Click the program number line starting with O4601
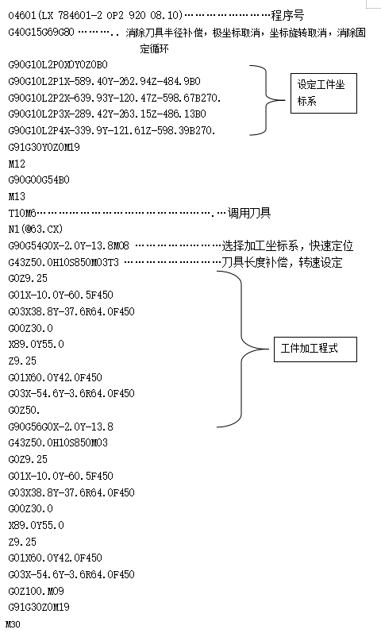click(95, 15)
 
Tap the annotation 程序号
click(287, 15)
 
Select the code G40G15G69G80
click(41, 32)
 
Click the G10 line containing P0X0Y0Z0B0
click(58, 64)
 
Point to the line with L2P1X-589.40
click(104, 81)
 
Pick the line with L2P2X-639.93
click(114, 98)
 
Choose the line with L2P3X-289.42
click(107, 114)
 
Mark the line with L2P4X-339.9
click(112, 130)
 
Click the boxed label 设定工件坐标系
click(323, 93)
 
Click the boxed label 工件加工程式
click(315, 349)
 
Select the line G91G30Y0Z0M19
click(44, 147)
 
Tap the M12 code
click(17, 164)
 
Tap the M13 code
click(17, 196)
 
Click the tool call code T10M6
click(22, 213)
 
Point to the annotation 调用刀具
click(249, 213)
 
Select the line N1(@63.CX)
click(36, 229)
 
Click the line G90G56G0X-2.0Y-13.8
click(60, 427)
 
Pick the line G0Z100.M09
click(36, 591)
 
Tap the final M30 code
click(13, 624)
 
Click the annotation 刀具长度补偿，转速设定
click(282, 262)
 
